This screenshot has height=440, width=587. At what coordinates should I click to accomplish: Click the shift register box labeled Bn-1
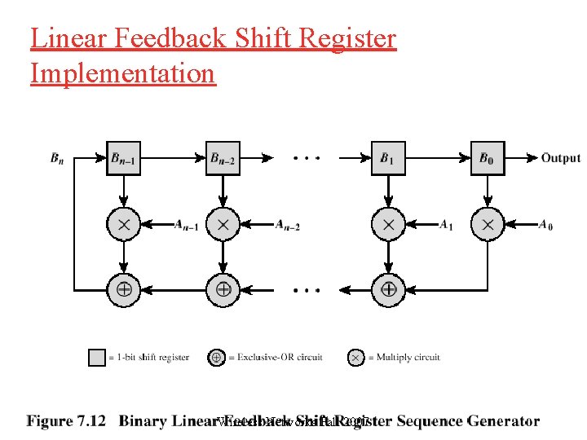click(124, 158)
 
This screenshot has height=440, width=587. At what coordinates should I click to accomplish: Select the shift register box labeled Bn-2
click(223, 158)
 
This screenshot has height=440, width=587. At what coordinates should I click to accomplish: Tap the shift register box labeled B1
click(388, 158)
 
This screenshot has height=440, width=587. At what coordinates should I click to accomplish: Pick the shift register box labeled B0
click(488, 158)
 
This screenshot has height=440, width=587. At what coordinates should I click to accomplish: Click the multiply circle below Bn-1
click(124, 224)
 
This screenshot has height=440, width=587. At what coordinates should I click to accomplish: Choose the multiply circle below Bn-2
click(223, 224)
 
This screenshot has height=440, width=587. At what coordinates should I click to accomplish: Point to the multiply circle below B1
click(388, 224)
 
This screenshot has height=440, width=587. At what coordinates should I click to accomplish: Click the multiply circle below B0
click(488, 224)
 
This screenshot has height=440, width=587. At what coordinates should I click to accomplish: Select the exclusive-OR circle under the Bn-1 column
click(124, 288)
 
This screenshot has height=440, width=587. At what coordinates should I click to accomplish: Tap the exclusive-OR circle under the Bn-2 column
click(223, 288)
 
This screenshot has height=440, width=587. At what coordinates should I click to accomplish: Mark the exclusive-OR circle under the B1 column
click(388, 288)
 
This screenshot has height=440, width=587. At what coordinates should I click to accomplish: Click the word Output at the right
click(560, 158)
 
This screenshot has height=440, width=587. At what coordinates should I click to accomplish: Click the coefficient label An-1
click(186, 226)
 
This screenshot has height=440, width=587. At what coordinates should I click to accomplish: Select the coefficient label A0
click(545, 226)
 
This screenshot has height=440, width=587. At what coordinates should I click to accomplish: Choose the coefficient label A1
click(446, 226)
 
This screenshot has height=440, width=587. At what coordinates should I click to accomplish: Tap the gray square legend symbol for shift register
click(97, 357)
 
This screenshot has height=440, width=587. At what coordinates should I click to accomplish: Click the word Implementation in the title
click(122, 73)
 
